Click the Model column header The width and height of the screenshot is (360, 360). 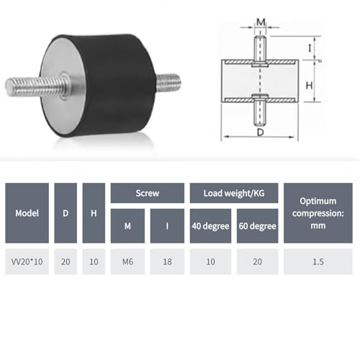(27, 213)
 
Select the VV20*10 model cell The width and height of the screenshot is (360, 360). (27, 262)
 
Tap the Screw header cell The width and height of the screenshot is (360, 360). (147, 193)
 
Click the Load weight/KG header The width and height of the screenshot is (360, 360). (233, 193)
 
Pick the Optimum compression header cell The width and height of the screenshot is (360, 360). (319, 213)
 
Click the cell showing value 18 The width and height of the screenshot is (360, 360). (167, 262)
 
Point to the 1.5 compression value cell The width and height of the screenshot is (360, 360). (319, 262)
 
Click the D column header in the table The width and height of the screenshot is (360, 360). (66, 213)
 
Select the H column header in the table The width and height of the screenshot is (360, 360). (94, 213)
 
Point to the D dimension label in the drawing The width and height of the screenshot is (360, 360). (258, 132)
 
